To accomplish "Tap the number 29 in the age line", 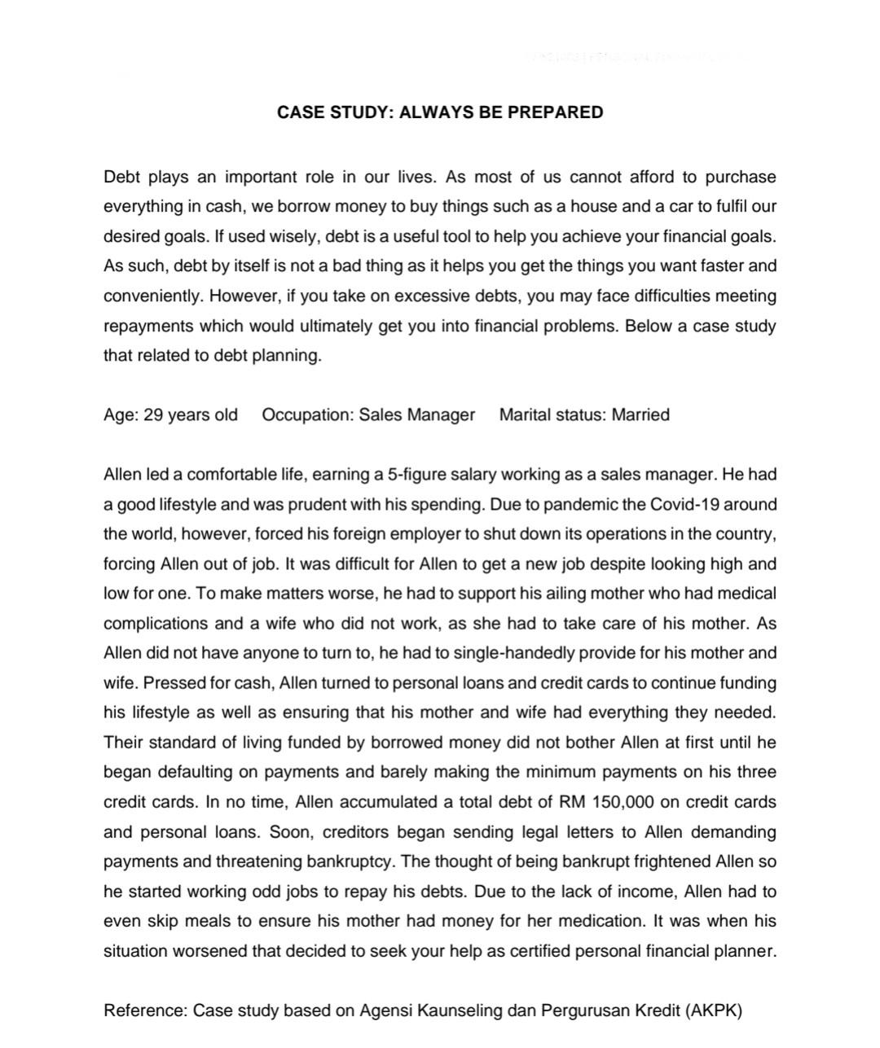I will pos(153,414).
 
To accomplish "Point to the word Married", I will pos(640,414).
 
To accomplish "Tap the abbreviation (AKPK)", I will pos(715,1011).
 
